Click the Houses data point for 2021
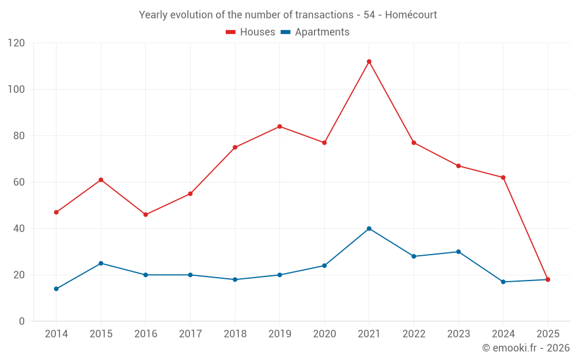369,62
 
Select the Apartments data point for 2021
369,229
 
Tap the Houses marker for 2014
56,213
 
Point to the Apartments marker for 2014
56,289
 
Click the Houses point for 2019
279,127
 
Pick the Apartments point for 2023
458,252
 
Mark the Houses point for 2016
145,215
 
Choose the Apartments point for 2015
101,263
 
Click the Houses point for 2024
503,177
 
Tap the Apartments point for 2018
235,279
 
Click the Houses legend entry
251,32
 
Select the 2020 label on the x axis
324,334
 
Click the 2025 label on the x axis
548,334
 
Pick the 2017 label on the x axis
190,334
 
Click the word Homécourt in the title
411,15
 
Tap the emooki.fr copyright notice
525,348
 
